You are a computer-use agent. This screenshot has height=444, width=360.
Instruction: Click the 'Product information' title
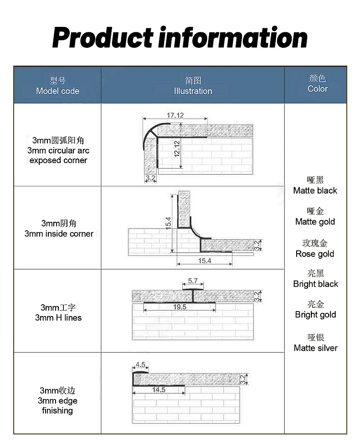(180, 38)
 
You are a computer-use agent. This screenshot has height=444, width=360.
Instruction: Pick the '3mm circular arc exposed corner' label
(58, 150)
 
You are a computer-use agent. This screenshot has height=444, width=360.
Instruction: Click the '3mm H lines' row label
(58, 313)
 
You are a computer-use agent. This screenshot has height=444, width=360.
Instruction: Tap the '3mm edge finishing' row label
(57, 400)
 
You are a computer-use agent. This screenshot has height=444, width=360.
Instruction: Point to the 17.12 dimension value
(175, 115)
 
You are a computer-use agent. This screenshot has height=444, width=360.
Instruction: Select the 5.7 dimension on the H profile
(193, 281)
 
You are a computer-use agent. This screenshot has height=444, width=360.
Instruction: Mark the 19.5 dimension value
(180, 307)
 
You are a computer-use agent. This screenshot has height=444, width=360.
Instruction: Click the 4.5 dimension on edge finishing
(140, 364)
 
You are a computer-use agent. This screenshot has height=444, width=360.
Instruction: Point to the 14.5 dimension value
(159, 390)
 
